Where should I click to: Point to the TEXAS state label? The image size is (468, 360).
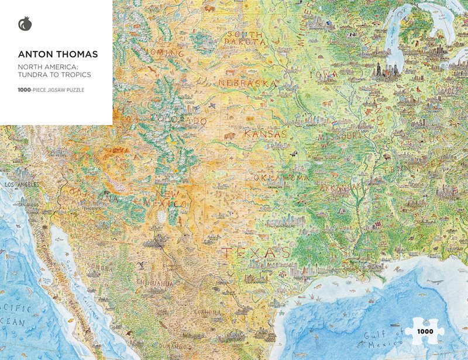pos(255,252)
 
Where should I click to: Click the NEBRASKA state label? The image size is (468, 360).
pos(247,84)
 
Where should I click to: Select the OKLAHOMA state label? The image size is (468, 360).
pos(281,177)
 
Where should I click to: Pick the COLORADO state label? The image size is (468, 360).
pos(178,120)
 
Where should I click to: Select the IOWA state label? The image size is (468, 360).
pos(326,75)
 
